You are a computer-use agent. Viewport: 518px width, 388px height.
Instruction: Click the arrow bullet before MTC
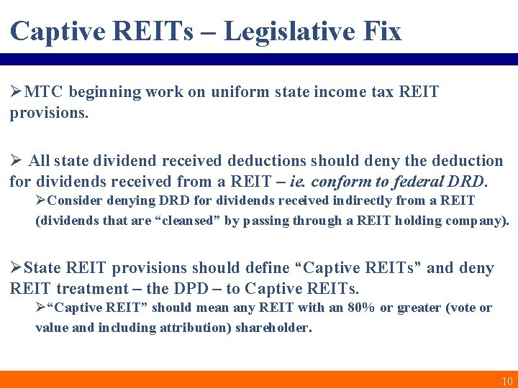point(16,92)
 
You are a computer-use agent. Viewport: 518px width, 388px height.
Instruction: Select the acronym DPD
point(204,289)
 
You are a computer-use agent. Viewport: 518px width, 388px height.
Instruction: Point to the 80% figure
point(360,308)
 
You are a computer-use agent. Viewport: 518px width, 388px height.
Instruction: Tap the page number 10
point(506,381)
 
